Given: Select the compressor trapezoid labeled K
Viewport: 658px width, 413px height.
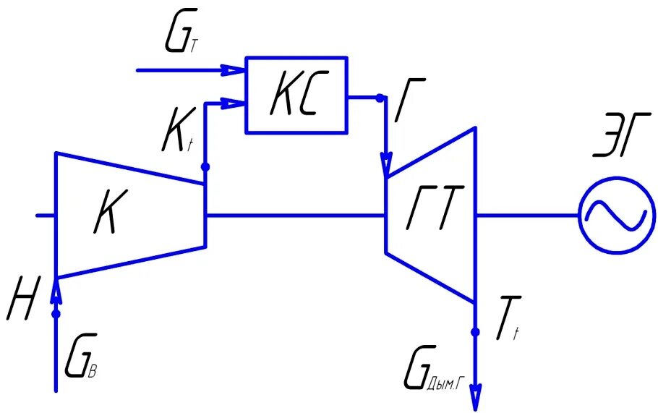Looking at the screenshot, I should (x=123, y=216).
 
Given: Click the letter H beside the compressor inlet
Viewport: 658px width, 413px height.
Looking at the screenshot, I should (x=21, y=302).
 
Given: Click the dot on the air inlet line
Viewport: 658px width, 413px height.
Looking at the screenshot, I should (x=56, y=313).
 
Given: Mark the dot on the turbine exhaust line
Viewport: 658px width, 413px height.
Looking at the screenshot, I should (x=475, y=333).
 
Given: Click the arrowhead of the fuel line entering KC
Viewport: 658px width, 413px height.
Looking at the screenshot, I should (x=234, y=71).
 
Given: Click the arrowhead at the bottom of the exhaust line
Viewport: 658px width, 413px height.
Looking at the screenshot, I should (x=475, y=399).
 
